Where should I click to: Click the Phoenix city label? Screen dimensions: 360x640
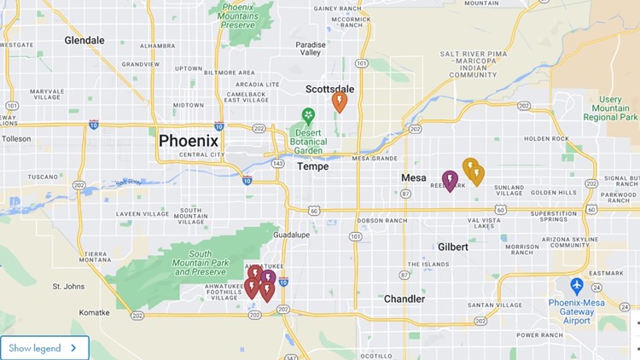click(189, 141)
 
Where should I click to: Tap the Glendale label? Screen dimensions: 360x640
click(84, 40)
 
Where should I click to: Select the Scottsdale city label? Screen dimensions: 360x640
click(329, 89)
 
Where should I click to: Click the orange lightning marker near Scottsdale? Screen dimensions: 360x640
click(340, 102)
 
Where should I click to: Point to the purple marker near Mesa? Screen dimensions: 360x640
click(450, 179)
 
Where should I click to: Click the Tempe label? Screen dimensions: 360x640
click(312, 166)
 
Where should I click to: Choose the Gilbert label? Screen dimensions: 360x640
click(452, 247)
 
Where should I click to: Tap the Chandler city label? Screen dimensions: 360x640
click(404, 299)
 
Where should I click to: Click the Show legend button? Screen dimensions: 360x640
click(45, 348)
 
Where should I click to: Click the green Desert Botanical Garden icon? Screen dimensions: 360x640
click(308, 115)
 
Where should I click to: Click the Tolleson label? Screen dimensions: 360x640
click(16, 138)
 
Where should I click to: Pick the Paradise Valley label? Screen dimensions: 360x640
click(311, 48)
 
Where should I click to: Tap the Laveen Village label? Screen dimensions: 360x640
click(137, 213)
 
